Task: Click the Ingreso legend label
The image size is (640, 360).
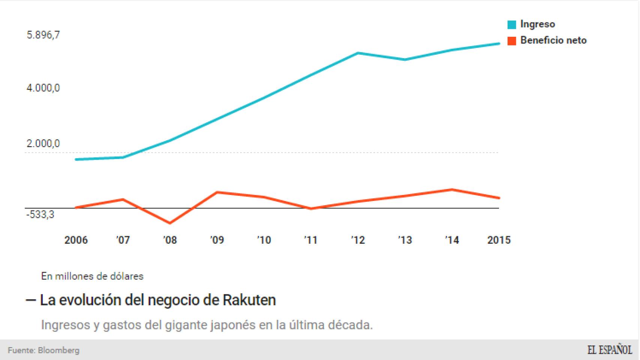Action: [x=537, y=24]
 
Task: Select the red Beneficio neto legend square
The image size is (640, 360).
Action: [x=512, y=41]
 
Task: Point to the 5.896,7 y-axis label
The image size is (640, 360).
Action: [x=43, y=35]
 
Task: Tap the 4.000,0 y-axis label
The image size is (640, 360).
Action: [x=43, y=88]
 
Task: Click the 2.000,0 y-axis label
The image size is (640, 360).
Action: [x=43, y=144]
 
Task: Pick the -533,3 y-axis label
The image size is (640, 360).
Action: [x=40, y=215]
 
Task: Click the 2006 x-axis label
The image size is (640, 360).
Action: [x=76, y=240]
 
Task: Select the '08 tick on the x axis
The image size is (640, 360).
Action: [x=170, y=240]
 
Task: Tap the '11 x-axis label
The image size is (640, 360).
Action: [x=311, y=240]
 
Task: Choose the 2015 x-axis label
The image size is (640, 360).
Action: [x=499, y=240]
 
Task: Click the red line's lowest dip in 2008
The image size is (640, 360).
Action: [x=170, y=223]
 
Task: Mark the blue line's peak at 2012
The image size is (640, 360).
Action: [x=358, y=53]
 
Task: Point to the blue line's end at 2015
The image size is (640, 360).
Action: [x=499, y=44]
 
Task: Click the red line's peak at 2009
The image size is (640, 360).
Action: [x=217, y=192]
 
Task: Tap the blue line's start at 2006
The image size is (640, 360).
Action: [x=76, y=159]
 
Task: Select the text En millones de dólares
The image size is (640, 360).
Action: [x=92, y=276]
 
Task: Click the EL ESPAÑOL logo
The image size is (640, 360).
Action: [x=609, y=350]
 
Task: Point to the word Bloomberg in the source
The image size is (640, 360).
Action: [x=59, y=351]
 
